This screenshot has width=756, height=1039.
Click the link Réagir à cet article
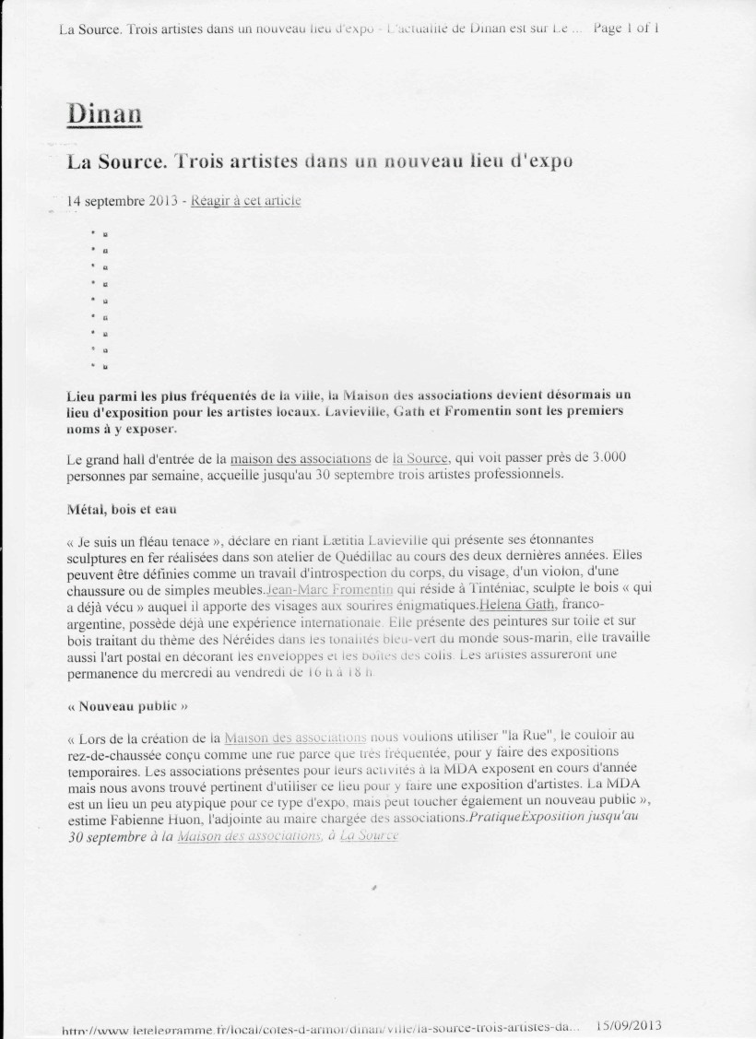click(x=246, y=201)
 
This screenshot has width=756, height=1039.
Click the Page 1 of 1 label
click(x=627, y=28)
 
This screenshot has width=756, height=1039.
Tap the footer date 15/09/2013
click(x=631, y=1024)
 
